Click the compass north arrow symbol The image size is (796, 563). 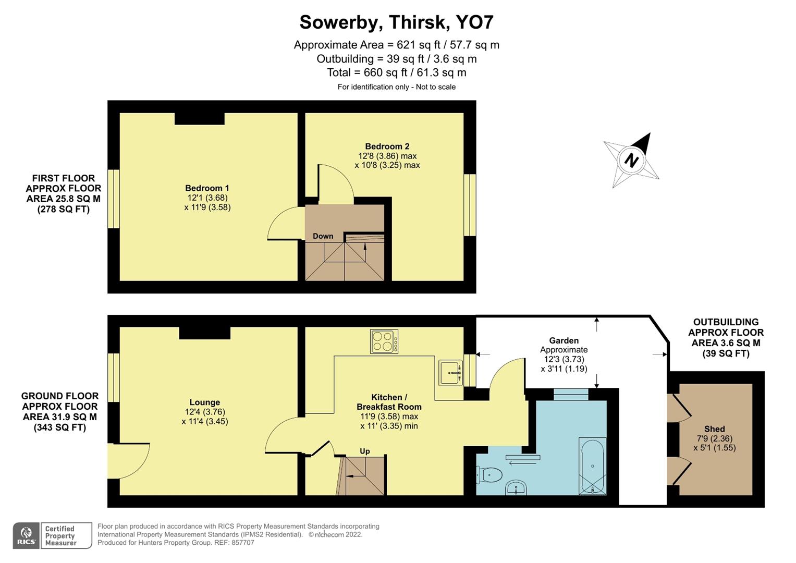tap(631, 160)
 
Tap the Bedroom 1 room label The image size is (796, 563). tap(207, 188)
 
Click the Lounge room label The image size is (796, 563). tap(204, 402)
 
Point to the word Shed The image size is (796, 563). tap(714, 429)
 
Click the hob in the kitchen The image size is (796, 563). tap(384, 341)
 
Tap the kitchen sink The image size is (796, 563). tap(450, 373)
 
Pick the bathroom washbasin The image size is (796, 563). tap(516, 488)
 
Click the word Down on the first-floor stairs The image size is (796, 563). tap(323, 236)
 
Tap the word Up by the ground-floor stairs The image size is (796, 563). tap(365, 451)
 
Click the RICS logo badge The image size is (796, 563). tap(27, 535)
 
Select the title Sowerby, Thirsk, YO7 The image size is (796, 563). tap(396, 22)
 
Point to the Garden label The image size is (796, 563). tap(564, 340)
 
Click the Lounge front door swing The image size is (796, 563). tap(130, 459)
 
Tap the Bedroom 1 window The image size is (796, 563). tap(114, 199)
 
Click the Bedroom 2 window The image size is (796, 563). tap(470, 204)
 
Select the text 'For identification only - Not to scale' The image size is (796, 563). tap(396, 87)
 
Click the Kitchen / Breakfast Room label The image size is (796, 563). tap(389, 402)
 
